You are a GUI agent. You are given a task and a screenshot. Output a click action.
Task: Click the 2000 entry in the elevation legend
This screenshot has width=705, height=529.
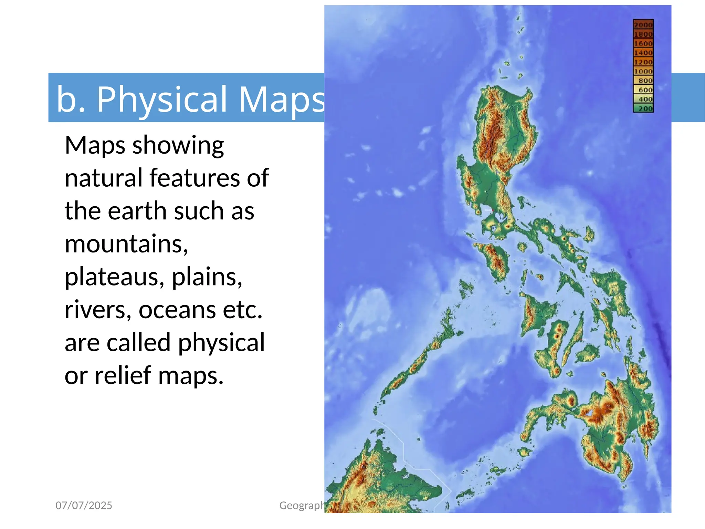(643, 25)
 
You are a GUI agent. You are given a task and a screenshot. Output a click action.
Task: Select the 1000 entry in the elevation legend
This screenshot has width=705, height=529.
(643, 72)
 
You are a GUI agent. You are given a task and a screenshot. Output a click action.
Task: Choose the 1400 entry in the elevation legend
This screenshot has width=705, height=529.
(643, 53)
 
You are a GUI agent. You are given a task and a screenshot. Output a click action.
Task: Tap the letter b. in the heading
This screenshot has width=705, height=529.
(71, 99)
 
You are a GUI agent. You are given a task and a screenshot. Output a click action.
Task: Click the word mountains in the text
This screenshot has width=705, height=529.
(126, 244)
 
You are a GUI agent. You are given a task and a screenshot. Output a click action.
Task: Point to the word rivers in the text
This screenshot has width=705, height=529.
(98, 310)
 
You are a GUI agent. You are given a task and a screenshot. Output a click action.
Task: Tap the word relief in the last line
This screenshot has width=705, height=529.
(123, 375)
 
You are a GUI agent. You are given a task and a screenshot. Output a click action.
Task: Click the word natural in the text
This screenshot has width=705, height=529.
(103, 178)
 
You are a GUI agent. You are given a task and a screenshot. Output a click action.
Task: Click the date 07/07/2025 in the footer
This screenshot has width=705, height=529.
(84, 505)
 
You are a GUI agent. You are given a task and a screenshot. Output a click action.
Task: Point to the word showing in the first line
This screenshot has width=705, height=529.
(178, 145)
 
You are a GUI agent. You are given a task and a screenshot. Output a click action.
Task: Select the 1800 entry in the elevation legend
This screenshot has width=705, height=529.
(643, 34)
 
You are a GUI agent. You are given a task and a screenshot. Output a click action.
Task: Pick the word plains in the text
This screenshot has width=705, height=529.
(207, 277)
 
